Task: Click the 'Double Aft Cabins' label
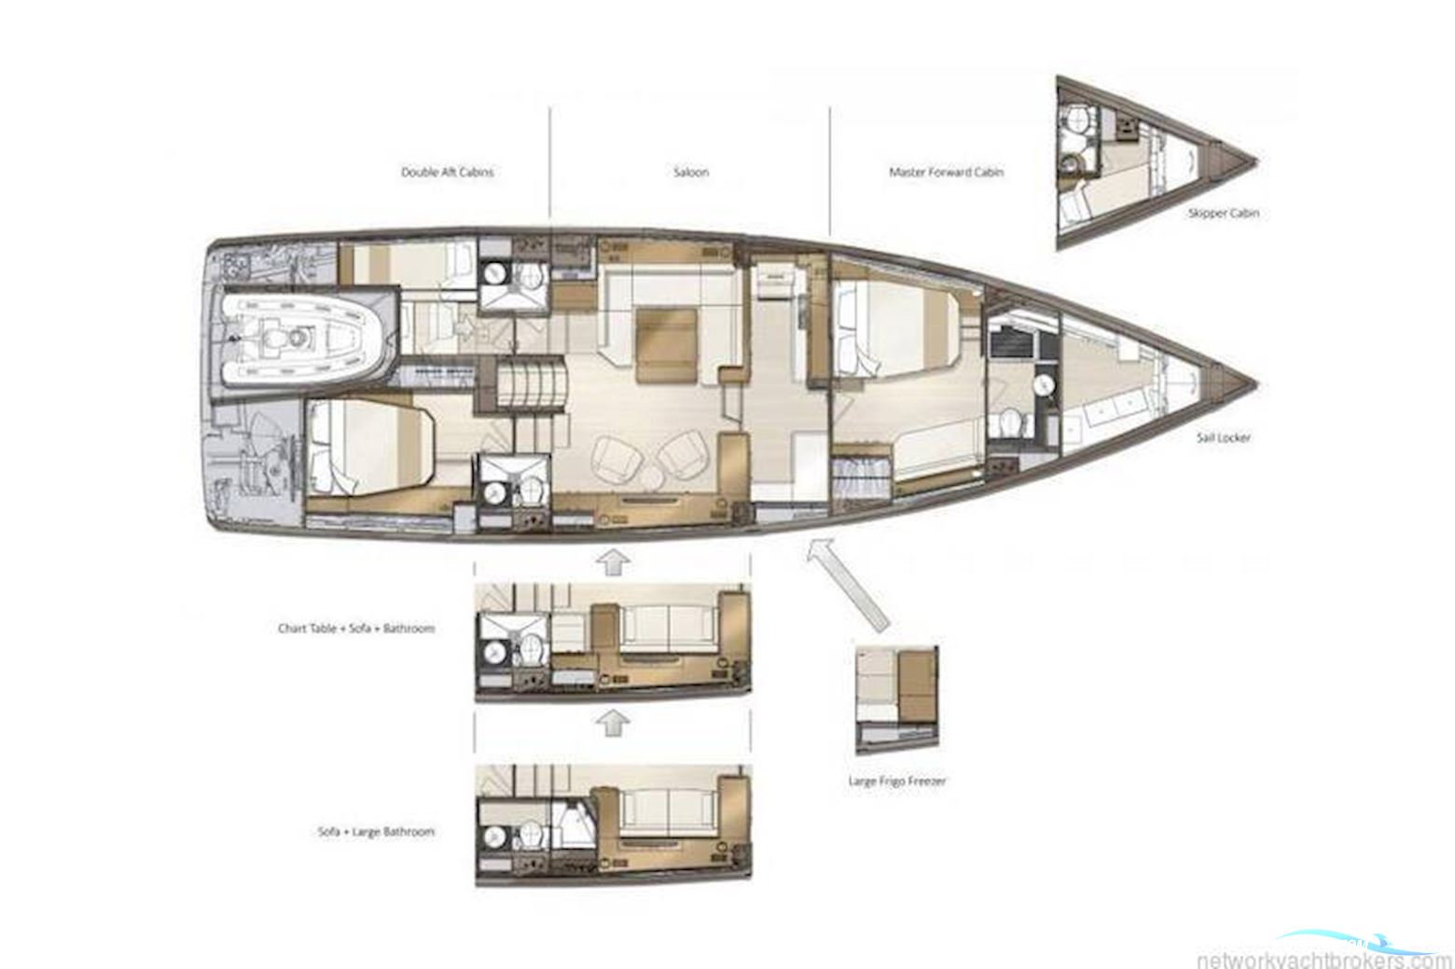coord(447,173)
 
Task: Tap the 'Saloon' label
coord(690,173)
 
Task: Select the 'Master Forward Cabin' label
coord(946,173)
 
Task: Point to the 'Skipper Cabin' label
coord(1223,214)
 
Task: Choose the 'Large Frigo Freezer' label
coord(896,781)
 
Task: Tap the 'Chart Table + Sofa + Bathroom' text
coord(356,629)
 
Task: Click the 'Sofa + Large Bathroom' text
coord(376,831)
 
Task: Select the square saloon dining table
coord(667,345)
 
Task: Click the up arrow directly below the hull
coord(611,562)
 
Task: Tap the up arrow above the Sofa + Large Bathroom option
coord(611,722)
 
